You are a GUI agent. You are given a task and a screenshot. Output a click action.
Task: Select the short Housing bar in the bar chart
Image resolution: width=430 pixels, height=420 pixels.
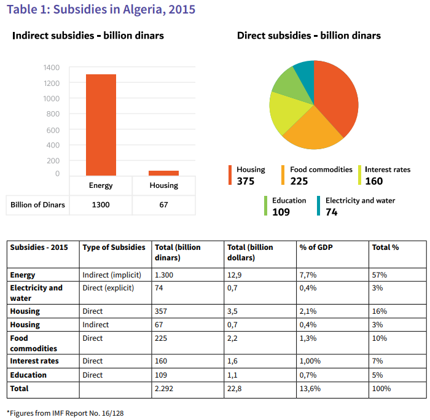(163, 173)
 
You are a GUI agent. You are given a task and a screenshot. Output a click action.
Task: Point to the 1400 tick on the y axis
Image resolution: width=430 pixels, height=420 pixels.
(52, 68)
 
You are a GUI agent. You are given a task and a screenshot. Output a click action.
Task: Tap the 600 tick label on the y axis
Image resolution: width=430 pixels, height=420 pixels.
(53, 130)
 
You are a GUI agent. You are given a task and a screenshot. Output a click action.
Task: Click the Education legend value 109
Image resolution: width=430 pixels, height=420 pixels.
(281, 212)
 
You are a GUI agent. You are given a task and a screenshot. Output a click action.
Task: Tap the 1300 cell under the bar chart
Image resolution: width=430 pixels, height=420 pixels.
(101, 204)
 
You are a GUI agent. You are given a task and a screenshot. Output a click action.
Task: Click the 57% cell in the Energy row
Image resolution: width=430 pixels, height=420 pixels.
(379, 275)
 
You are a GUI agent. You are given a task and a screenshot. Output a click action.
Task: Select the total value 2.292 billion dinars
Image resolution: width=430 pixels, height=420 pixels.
(165, 389)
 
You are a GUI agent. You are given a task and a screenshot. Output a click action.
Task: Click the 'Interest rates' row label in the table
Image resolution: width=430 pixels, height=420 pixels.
(34, 361)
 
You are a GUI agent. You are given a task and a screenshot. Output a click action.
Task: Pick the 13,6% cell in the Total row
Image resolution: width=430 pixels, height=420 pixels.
(311, 389)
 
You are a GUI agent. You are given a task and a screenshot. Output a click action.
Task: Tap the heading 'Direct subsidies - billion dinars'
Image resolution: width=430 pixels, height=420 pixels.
(309, 36)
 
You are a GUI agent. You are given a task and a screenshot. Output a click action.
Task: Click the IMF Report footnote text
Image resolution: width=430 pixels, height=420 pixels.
(65, 413)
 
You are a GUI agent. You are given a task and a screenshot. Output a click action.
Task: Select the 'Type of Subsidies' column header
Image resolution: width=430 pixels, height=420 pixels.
(114, 247)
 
